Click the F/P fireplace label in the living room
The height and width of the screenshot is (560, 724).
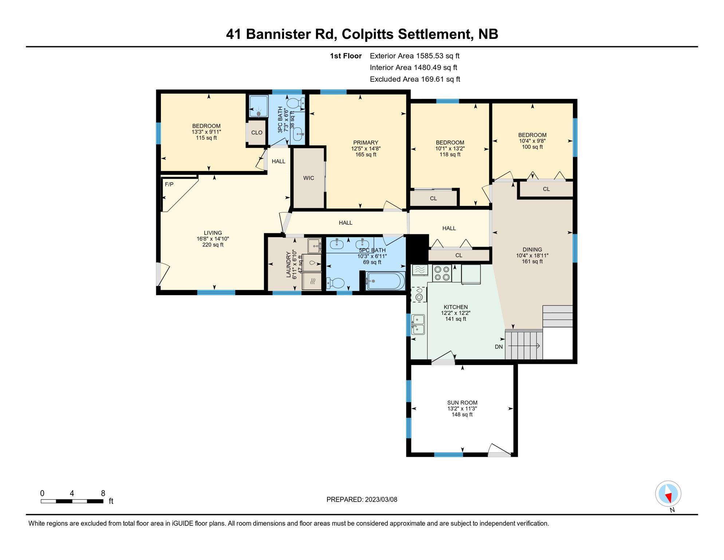pos(169,184)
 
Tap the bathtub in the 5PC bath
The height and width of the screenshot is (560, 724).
pos(385,281)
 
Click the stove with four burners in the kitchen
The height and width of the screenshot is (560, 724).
pos(442,273)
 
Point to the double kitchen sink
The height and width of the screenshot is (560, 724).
pos(418,324)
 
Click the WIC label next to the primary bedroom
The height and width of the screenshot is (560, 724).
pos(308,178)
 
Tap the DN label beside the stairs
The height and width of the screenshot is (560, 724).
pos(499,347)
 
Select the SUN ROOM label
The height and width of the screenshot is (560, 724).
pos(462,402)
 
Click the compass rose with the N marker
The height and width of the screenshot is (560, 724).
pos(668,494)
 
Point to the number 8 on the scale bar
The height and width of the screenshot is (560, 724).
pos(103,493)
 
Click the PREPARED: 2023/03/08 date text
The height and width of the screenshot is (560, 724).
pos(362,499)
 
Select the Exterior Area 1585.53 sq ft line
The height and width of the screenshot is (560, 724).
pos(414,56)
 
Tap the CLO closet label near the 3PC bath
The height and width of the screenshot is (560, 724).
pos(257,133)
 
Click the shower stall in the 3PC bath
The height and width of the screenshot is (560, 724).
pos(259,106)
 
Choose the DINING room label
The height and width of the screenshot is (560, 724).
pos(532,250)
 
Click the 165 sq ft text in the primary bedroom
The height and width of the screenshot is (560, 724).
pos(366,155)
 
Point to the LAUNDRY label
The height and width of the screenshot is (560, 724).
pos(289,264)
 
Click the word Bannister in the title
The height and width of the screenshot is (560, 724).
pos(290,34)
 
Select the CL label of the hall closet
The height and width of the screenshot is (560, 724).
pos(459,255)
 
